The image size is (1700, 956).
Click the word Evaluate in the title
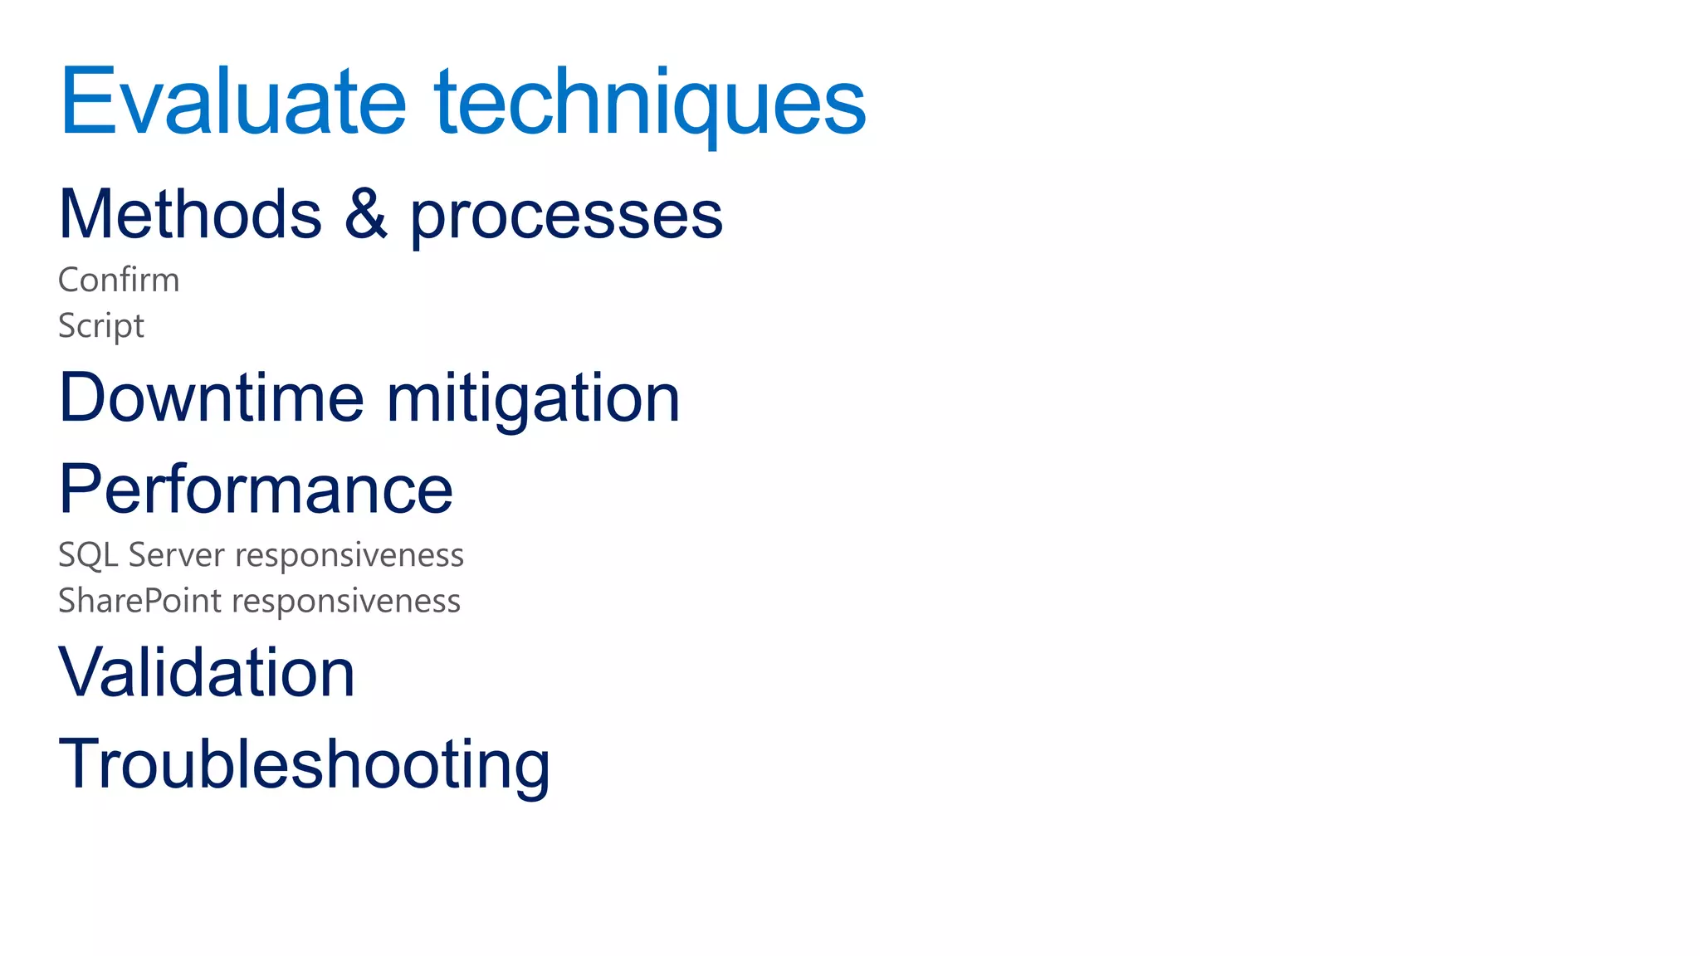(x=233, y=101)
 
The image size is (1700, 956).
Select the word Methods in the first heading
(x=190, y=214)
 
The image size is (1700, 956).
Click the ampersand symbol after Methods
(x=365, y=214)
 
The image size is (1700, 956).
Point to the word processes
(x=566, y=217)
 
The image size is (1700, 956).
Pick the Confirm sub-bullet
(x=119, y=280)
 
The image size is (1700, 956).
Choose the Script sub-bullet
(x=101, y=325)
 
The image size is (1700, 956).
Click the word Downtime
(x=212, y=398)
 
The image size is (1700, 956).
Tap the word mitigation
(x=533, y=399)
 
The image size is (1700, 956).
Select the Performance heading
(x=256, y=489)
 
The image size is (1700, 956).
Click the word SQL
(x=87, y=555)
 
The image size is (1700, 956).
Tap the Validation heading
(x=207, y=672)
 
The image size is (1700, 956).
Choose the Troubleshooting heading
(x=304, y=764)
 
